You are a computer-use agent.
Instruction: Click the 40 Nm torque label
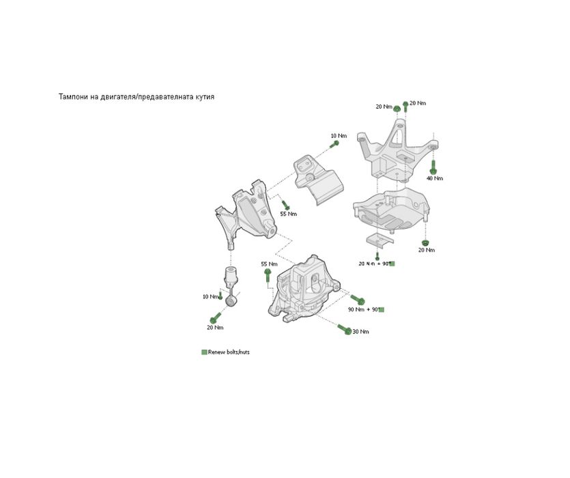pos(434,178)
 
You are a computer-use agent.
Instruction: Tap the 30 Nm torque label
pos(360,332)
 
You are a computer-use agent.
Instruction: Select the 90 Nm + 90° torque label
pos(362,309)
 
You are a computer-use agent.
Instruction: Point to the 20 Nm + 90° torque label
pos(373,263)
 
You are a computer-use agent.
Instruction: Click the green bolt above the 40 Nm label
pos(432,165)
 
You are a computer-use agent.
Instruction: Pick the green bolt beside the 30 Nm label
pos(344,329)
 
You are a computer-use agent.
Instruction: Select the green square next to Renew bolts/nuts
pos(203,352)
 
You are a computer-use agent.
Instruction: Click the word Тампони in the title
pos(73,97)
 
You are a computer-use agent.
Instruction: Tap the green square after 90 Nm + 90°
pos(382,309)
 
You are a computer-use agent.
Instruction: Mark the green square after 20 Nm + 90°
pos(392,263)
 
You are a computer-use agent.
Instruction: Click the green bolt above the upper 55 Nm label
pos(286,204)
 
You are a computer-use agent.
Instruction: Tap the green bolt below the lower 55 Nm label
pos(268,275)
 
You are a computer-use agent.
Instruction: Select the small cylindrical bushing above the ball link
pos(231,277)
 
